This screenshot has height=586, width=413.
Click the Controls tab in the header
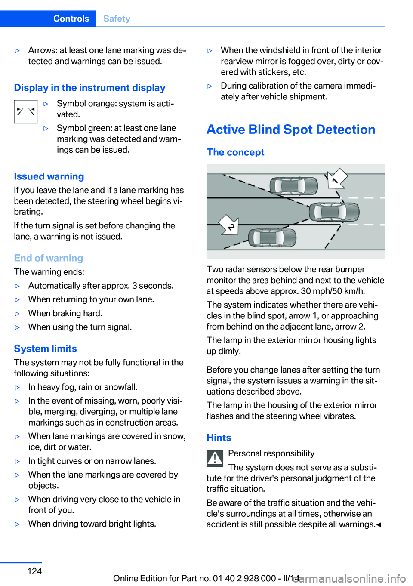71,19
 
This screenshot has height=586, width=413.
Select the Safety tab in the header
117,19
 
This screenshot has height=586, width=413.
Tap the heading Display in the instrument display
89,88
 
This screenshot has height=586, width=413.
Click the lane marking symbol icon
25,112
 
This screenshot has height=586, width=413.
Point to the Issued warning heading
49,176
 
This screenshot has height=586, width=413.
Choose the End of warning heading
48,258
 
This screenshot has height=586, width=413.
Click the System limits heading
45,349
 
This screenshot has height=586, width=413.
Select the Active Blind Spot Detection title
291,130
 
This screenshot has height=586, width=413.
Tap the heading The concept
235,152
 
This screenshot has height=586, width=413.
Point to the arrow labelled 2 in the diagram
229,225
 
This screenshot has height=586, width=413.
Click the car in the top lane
293,186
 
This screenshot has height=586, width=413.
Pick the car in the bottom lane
272,237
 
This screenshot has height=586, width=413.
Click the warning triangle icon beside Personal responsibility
215,458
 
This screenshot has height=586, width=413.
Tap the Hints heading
219,438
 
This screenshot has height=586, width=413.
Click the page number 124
34,571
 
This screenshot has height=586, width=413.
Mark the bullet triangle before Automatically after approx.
18,286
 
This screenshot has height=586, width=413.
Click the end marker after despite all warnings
379,525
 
